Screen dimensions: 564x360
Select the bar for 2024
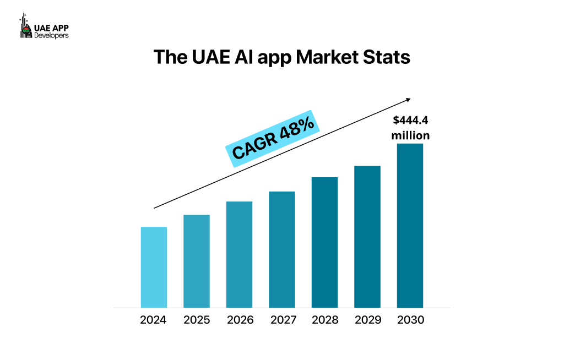[154, 267]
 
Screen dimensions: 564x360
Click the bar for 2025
[196, 261]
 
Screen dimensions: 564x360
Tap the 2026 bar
[239, 254]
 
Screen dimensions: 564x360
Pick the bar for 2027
[281, 249]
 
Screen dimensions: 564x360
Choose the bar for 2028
[324, 242]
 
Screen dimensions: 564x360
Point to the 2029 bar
[367, 237]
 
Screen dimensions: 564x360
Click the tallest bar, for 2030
[410, 226]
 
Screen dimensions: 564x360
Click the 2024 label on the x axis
[154, 320]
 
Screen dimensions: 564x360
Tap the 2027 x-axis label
[281, 320]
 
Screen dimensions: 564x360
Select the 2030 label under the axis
[410, 320]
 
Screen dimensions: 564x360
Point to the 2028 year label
[324, 320]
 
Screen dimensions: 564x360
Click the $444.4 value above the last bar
[410, 121]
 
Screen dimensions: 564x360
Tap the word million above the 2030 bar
[410, 135]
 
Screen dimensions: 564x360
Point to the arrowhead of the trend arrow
[408, 100]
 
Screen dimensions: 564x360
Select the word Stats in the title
[389, 57]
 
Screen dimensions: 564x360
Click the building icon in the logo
[25, 26]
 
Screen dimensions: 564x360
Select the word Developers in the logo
[51, 35]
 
